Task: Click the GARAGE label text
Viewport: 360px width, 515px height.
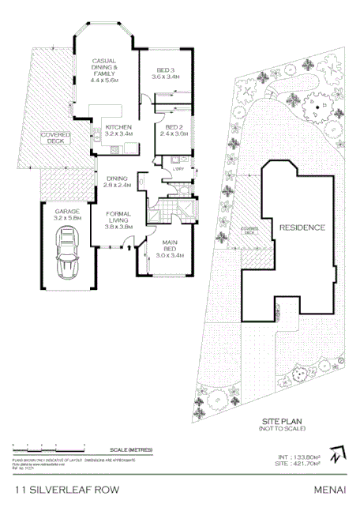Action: [x=66, y=213]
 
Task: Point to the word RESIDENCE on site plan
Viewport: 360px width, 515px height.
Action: [x=302, y=227]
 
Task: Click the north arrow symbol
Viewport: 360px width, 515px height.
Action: [x=338, y=456]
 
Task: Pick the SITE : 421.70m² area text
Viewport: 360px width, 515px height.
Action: [x=299, y=464]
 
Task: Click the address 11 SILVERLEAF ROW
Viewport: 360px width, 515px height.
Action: [x=67, y=490]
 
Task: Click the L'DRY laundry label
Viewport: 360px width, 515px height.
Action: [x=179, y=167]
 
